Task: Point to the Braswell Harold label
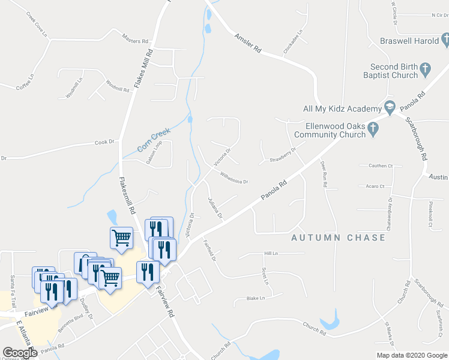coord(410,41)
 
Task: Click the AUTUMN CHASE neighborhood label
coord(339,238)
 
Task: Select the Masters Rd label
coord(134,41)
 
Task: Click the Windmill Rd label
coord(118,85)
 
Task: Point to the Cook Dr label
coord(104,142)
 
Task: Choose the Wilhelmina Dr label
coord(234,178)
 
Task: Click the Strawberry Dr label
coord(283,155)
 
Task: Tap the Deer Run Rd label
coord(324,174)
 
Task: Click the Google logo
coord(20,352)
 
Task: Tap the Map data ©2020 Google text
coord(411,355)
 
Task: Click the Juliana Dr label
coord(215,207)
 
